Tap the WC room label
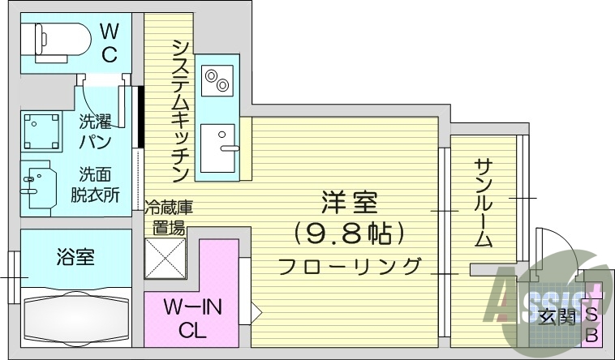(109, 43)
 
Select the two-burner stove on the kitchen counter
(217, 80)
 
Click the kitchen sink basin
(217, 148)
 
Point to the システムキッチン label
(180, 111)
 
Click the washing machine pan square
(41, 131)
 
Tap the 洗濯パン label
(95, 132)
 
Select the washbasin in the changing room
(38, 188)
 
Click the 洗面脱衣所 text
(95, 184)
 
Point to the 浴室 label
(75, 257)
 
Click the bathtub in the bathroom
(76, 317)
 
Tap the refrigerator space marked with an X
(165, 258)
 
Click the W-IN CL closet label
(192, 318)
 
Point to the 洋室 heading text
(349, 203)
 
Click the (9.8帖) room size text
(349, 234)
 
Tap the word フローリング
(349, 266)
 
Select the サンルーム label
(483, 204)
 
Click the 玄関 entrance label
(557, 317)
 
